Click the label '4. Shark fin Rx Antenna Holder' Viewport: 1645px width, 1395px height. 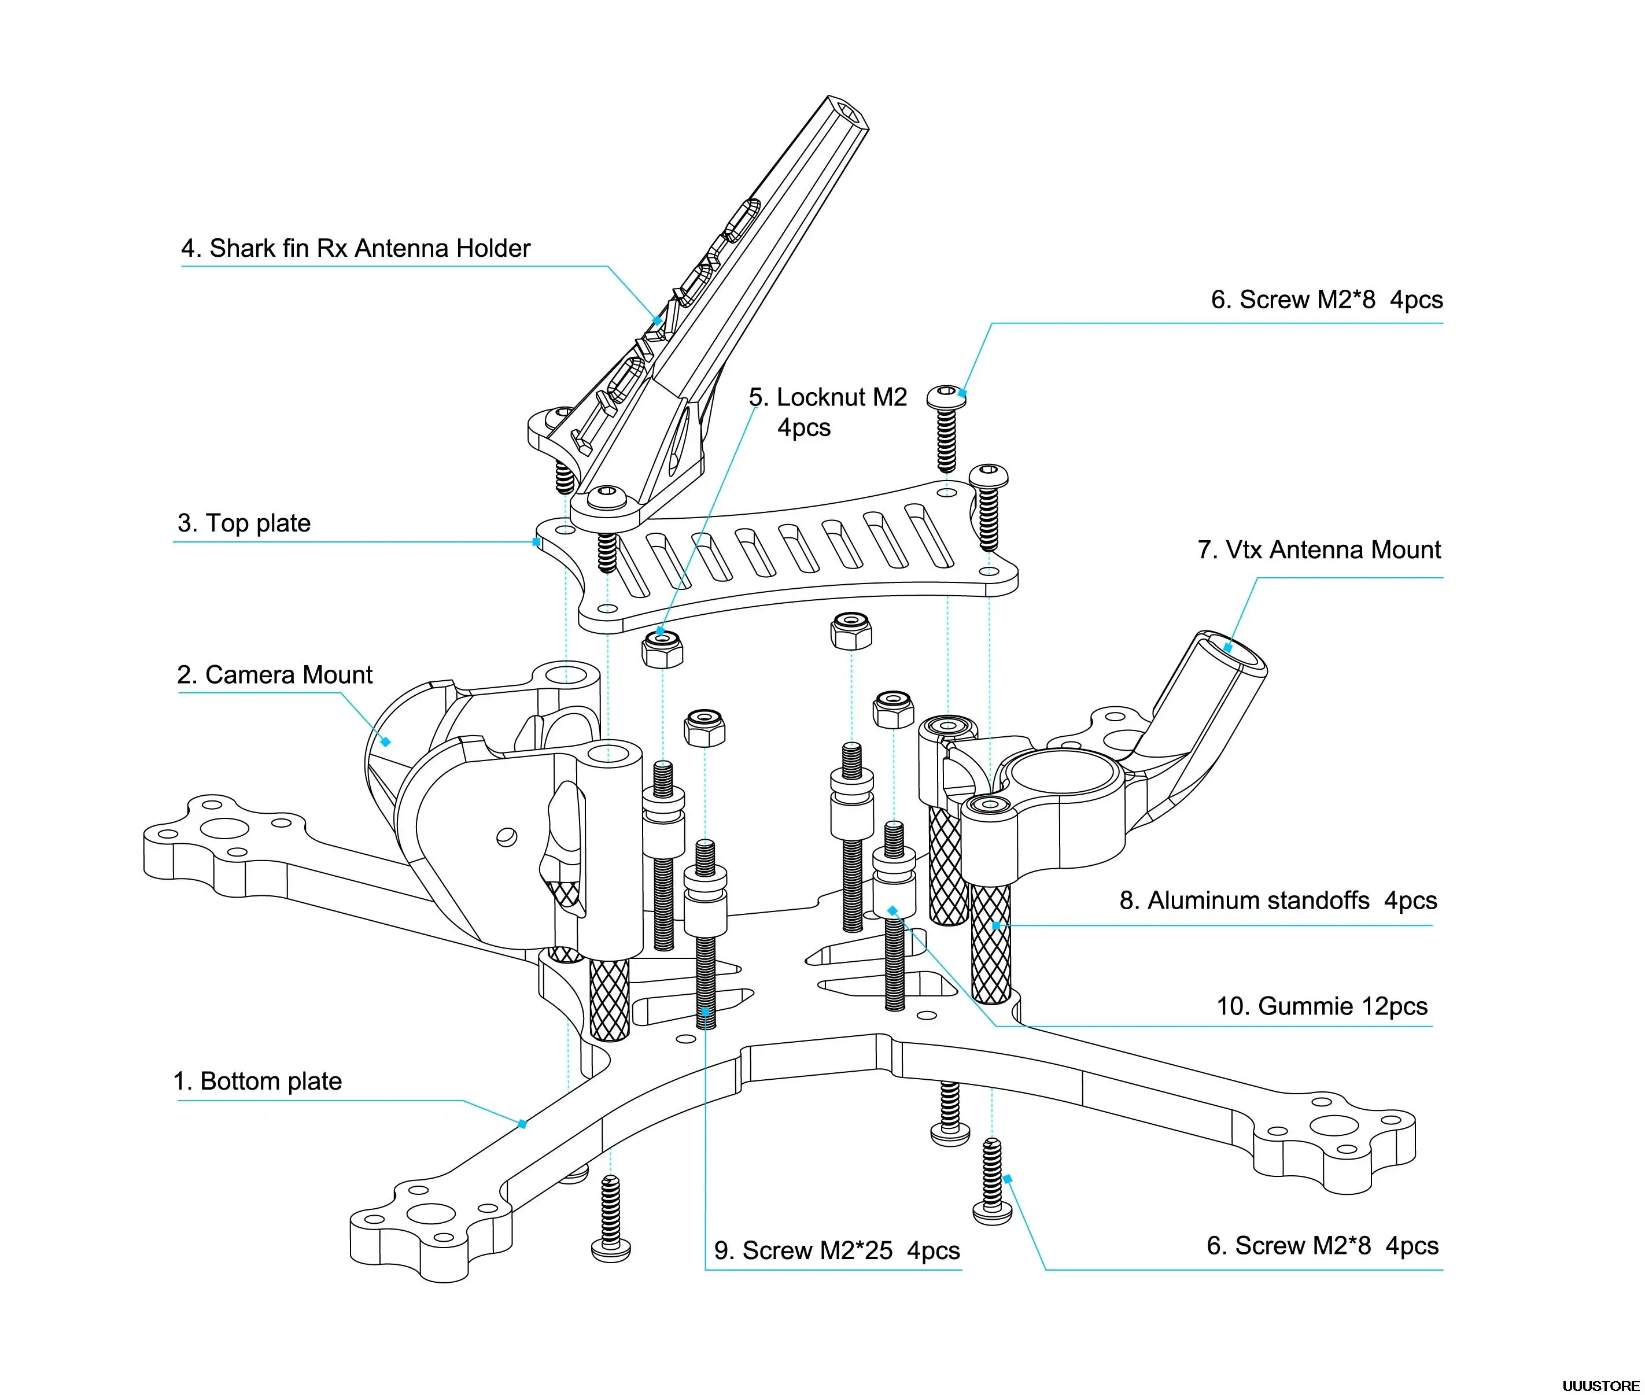pyautogui.click(x=355, y=248)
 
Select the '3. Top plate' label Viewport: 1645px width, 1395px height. pyautogui.click(x=244, y=523)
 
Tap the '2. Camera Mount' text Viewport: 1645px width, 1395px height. pyautogui.click(x=274, y=674)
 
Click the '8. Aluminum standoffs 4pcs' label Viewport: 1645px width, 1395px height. pyautogui.click(x=1277, y=900)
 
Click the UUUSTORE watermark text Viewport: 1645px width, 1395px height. pyautogui.click(x=1600, y=1386)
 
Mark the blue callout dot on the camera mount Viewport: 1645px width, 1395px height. pyautogui.click(x=386, y=742)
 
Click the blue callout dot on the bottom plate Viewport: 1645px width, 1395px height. pyautogui.click(x=523, y=1123)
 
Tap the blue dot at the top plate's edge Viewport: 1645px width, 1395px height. pyautogui.click(x=537, y=542)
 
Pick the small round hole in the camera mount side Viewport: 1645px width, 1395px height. pyautogui.click(x=506, y=837)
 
